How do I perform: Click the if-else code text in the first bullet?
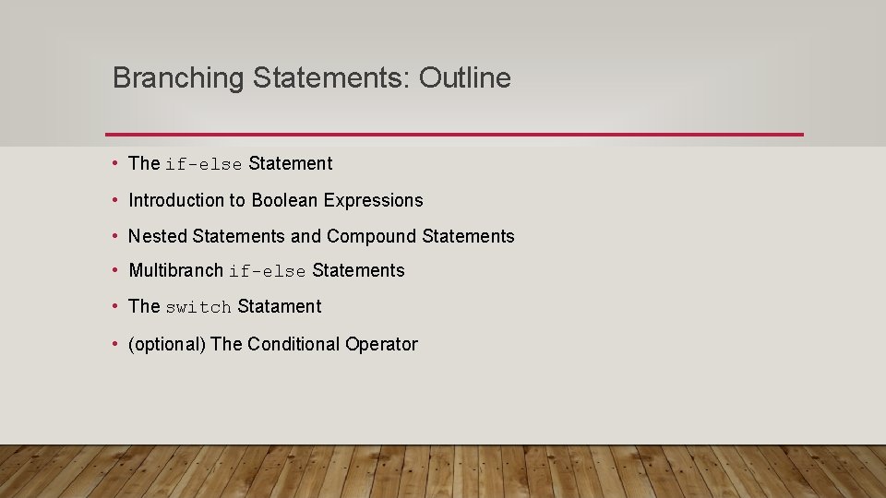[x=204, y=164]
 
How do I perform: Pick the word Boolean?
[x=284, y=200]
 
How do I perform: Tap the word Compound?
[x=371, y=236]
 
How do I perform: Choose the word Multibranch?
[x=176, y=270]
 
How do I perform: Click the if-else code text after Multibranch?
[x=268, y=271]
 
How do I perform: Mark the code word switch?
[x=198, y=307]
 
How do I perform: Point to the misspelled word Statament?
[x=280, y=306]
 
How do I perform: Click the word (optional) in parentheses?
[x=167, y=344]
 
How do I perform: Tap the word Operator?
[x=381, y=344]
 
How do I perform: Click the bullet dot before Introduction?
[x=114, y=200]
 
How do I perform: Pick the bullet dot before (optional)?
[x=114, y=344]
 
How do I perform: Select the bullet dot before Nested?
[x=114, y=236]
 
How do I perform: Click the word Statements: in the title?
[x=331, y=78]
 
